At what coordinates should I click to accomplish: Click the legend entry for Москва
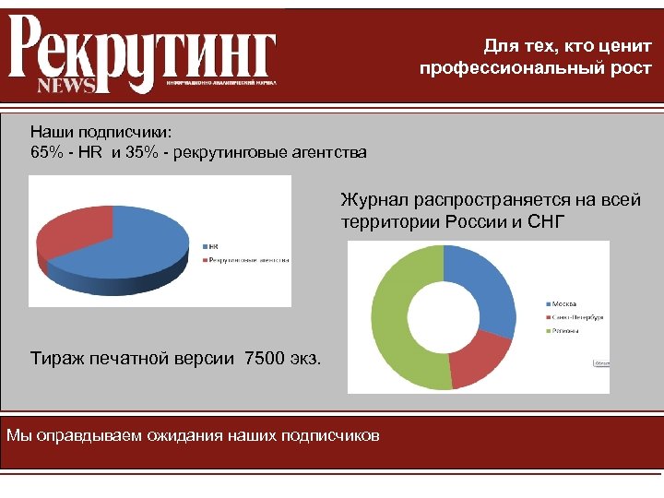563,303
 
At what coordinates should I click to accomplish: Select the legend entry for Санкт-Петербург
576,316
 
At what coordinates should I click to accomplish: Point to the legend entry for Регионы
564,329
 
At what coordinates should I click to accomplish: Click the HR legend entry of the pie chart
211,246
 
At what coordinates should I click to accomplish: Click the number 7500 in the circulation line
261,357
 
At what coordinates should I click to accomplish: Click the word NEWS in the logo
65,85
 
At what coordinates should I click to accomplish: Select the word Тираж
56,357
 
